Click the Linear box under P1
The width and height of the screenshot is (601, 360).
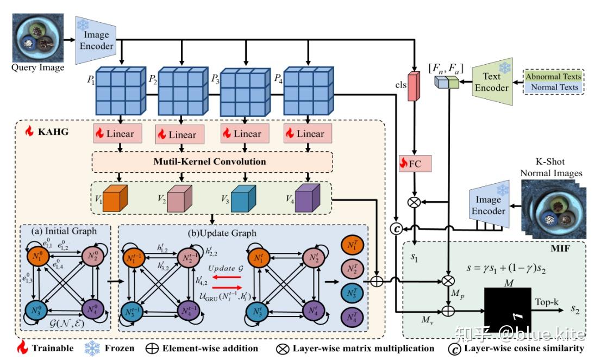[x=115, y=133]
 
